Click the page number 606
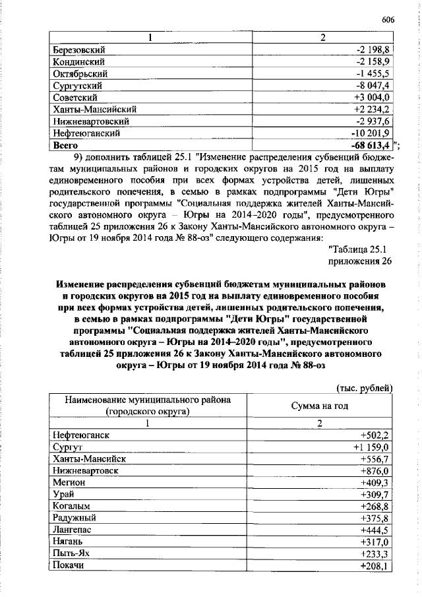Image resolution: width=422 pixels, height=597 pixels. [x=387, y=20]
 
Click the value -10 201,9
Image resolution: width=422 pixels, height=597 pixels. [x=372, y=133]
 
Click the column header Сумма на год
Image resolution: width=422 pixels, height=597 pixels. [x=319, y=406]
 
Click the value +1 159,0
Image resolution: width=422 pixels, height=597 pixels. [x=372, y=447]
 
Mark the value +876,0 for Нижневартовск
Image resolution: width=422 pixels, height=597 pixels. [x=377, y=471]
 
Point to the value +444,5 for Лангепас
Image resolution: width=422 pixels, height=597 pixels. [x=377, y=530]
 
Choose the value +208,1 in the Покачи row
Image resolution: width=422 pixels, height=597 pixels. [x=377, y=566]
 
